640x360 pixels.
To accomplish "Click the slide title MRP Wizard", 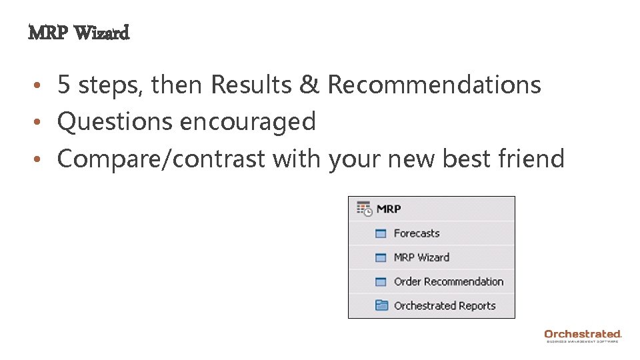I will point(79,32).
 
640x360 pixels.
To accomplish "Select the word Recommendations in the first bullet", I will point(434,85).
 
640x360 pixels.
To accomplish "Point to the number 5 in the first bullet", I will point(64,85).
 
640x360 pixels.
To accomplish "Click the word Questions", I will point(115,121).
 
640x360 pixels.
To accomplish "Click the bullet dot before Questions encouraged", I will point(40,122).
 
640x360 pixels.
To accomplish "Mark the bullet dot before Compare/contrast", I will point(40,159).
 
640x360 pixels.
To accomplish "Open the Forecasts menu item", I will point(417,233).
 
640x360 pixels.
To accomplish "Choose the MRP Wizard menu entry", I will point(421,257).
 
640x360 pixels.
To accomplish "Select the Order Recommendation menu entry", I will point(448,281).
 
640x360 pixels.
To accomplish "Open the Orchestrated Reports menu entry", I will point(445,305).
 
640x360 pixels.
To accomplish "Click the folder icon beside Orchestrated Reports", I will point(381,305).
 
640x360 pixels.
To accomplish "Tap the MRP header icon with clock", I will point(364,209).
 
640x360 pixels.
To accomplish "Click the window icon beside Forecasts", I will point(381,233).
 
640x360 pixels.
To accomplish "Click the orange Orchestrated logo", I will point(583,334).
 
